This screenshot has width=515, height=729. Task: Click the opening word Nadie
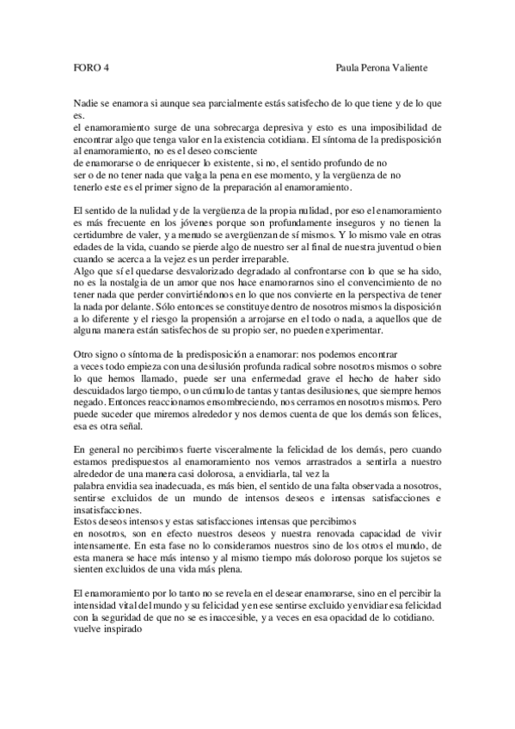[86, 104]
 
